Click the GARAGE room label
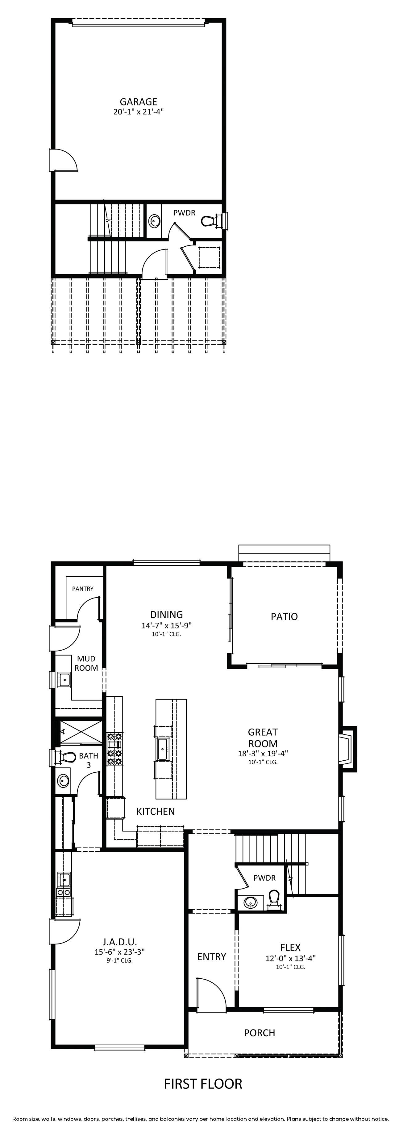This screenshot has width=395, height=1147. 138,102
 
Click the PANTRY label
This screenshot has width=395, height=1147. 83,589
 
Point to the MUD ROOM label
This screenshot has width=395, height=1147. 86,663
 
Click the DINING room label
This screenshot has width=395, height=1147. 166,615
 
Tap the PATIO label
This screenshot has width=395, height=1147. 284,617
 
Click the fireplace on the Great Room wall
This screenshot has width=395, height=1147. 348,749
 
